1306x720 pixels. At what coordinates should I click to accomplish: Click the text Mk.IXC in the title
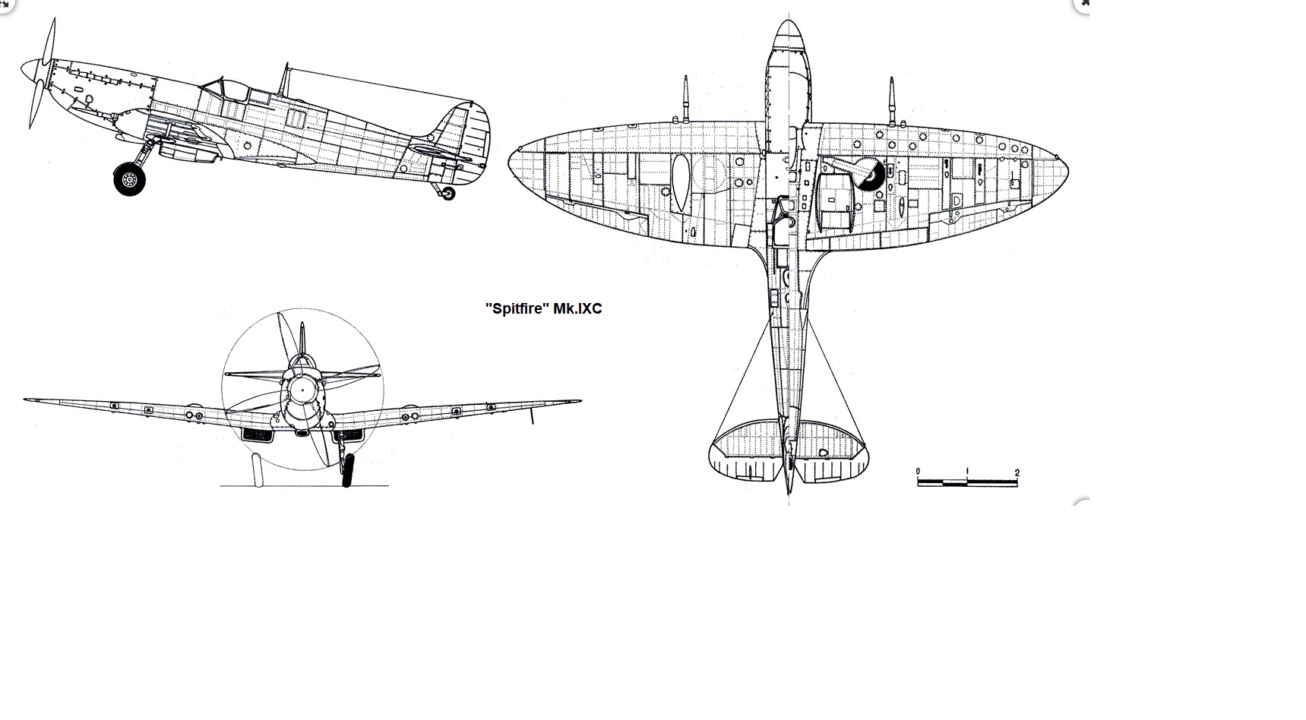(x=575, y=309)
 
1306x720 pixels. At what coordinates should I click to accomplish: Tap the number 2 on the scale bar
(x=1017, y=472)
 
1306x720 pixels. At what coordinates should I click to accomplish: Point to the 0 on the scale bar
(x=918, y=472)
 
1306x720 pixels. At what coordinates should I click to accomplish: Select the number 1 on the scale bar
(x=967, y=472)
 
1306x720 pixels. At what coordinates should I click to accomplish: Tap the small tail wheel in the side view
(x=448, y=193)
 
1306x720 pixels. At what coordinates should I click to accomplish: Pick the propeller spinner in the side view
(x=33, y=71)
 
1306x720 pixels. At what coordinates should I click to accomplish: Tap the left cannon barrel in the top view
(x=685, y=99)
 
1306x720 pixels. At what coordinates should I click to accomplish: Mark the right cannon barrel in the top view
(x=892, y=99)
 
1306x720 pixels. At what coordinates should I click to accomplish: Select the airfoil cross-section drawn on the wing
(x=681, y=182)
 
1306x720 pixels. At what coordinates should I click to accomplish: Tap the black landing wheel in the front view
(x=348, y=470)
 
